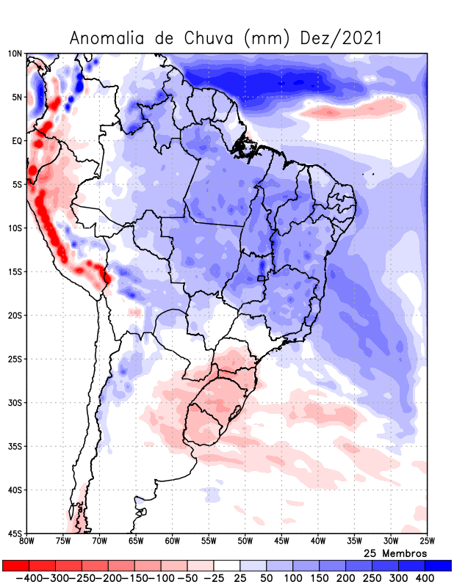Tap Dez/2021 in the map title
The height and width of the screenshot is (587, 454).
pyautogui.click(x=342, y=38)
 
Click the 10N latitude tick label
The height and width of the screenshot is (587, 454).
pyautogui.click(x=15, y=54)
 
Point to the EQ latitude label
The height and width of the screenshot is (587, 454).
pyautogui.click(x=16, y=141)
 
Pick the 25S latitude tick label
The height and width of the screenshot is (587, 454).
pyautogui.click(x=15, y=359)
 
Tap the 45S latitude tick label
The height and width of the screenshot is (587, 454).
pyautogui.click(x=15, y=533)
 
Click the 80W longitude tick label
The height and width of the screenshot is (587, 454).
pyautogui.click(x=27, y=542)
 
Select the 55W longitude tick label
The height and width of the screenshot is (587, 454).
pyautogui.click(x=209, y=542)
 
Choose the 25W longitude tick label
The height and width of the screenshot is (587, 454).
pyautogui.click(x=427, y=542)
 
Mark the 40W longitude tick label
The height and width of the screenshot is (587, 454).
pyautogui.click(x=317, y=542)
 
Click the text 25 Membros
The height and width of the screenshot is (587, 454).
pyautogui.click(x=395, y=553)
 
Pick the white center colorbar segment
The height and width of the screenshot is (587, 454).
pyautogui.click(x=226, y=566)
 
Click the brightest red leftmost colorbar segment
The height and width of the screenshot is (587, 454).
pyautogui.click(x=15, y=566)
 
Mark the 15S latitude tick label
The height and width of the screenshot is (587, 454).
pyautogui.click(x=15, y=271)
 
